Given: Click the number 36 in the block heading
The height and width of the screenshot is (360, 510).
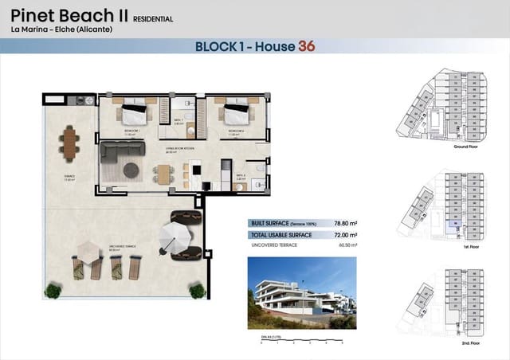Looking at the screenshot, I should (x=306, y=46).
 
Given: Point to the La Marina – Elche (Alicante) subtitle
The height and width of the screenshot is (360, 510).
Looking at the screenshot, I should (x=61, y=29).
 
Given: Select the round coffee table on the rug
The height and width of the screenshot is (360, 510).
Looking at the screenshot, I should (x=131, y=169).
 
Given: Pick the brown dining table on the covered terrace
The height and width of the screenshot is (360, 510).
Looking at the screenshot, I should (x=69, y=145).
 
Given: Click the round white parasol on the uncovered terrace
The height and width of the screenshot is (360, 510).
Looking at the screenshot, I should (x=172, y=236).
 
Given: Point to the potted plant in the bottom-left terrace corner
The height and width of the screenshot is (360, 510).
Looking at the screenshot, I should (x=53, y=291).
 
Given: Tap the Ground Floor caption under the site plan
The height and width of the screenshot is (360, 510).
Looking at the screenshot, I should (x=465, y=147).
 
